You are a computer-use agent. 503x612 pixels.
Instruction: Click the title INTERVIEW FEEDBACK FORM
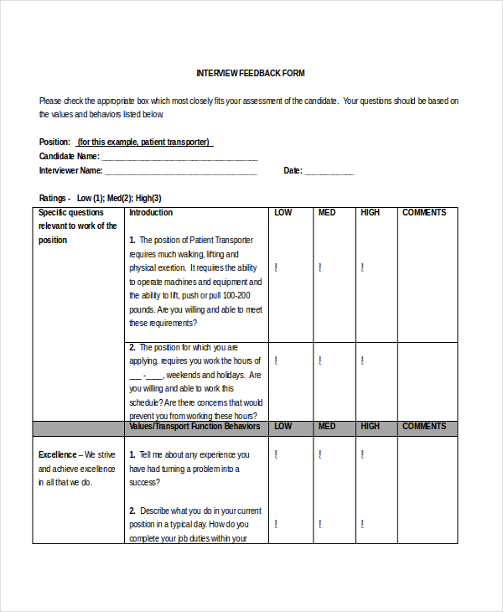251,73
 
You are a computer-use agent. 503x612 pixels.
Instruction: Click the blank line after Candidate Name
179,157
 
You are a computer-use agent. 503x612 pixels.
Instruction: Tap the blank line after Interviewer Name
180,171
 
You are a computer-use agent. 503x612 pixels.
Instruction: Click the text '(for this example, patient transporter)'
143,143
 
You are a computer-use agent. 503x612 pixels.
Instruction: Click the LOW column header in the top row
283,213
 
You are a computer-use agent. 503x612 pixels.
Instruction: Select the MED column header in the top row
327,213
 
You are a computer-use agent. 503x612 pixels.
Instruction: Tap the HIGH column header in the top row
370,213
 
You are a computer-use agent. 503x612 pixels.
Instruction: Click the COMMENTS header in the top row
424,213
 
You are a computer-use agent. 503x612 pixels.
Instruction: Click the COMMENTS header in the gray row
424,427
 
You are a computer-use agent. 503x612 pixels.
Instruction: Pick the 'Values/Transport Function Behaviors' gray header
194,427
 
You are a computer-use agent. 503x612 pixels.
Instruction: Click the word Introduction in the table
151,213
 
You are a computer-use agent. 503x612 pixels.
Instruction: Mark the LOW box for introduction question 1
277,268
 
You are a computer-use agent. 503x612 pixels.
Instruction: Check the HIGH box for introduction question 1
362,268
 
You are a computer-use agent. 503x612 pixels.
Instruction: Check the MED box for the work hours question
319,360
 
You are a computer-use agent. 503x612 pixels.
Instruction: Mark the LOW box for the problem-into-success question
277,454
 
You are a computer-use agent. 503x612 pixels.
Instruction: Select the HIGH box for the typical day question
362,525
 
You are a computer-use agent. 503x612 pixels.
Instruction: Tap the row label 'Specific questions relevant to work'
77,226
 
